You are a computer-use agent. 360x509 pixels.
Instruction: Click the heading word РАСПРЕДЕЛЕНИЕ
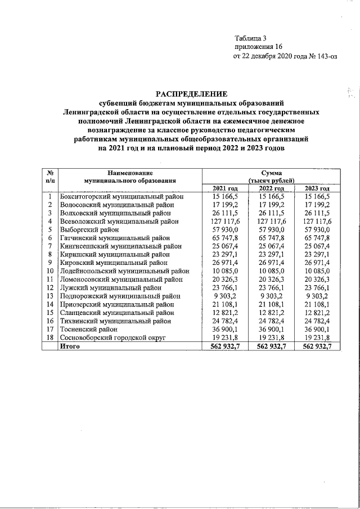(x=191, y=94)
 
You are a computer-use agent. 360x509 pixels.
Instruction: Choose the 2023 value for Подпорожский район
(x=318, y=296)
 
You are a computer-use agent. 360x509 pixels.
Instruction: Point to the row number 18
(x=50, y=337)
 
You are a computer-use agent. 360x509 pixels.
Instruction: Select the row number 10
(x=50, y=271)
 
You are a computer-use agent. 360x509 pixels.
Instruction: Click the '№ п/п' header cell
(x=50, y=176)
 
